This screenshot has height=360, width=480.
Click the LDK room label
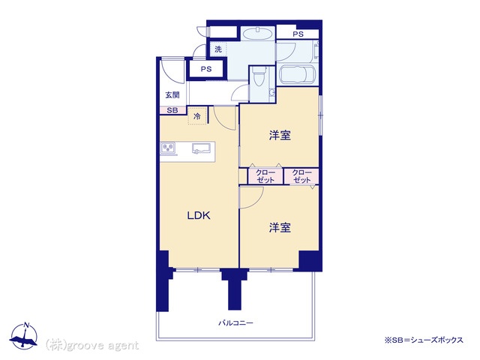199,216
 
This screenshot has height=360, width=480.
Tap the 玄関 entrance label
172,95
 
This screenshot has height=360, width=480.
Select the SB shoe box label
172,110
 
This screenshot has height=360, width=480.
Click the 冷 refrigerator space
197,115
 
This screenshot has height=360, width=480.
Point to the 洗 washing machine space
218,49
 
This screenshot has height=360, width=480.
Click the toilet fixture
258,76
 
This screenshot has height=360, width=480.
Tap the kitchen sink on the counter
202,148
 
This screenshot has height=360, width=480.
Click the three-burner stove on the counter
168,148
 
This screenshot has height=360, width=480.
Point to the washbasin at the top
258,33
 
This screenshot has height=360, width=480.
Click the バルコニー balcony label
235,323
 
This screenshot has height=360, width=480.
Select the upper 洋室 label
280,135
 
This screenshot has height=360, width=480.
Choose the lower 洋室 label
280,227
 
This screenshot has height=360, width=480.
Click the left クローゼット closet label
265,176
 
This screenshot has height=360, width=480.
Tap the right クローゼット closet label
301,176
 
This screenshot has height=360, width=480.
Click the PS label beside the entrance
206,69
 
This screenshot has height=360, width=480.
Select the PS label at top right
298,34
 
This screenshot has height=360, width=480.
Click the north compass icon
24,336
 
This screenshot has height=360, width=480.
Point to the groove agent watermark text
92,345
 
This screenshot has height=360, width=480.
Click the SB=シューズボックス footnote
424,340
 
